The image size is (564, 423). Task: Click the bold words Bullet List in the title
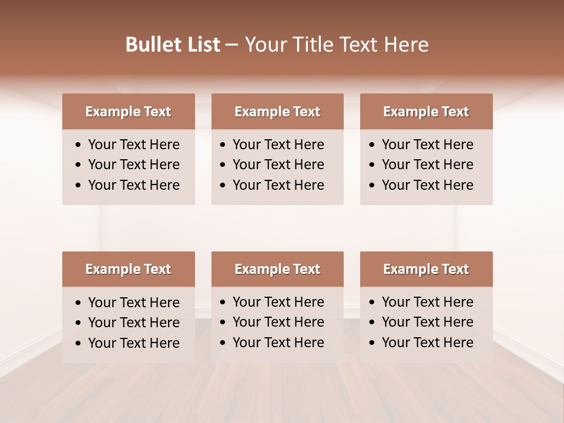tap(173, 45)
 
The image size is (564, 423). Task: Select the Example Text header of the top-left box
tap(128, 112)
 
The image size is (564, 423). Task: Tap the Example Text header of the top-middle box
tap(277, 112)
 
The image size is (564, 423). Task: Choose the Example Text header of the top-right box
tap(426, 112)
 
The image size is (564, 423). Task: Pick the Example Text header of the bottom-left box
tap(128, 269)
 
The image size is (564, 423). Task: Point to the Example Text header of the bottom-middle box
tap(277, 269)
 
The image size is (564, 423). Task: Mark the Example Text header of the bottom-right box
tap(426, 269)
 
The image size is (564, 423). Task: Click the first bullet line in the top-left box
tap(133, 145)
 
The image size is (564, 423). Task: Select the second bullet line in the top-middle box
tap(278, 164)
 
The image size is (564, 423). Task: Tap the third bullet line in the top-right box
tap(427, 185)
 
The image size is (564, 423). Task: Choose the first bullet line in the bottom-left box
tap(133, 303)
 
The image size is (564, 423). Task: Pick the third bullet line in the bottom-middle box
tap(278, 343)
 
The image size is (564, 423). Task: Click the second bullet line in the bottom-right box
tap(427, 322)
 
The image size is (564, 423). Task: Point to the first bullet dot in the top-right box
tap(372, 145)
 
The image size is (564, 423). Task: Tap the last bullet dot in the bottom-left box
tap(79, 344)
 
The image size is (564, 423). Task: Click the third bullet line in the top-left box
tap(133, 185)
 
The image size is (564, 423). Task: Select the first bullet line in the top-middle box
tap(278, 145)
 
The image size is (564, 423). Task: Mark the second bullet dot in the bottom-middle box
tap(223, 323)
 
